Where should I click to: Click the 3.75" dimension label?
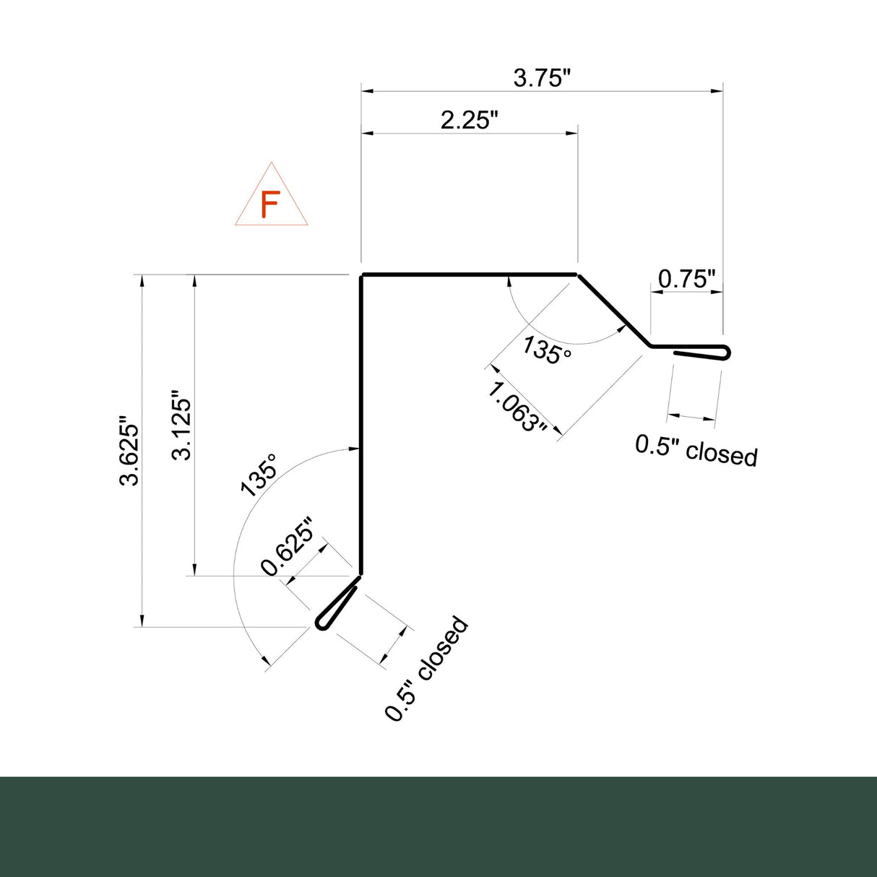[x=542, y=77]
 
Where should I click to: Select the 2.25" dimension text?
[x=470, y=119]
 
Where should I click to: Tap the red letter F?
[x=270, y=205]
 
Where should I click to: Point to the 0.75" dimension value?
[x=686, y=278]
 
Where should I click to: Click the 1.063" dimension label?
[x=517, y=407]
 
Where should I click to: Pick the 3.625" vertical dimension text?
[x=131, y=451]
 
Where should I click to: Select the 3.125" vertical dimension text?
[x=181, y=426]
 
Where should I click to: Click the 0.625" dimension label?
[x=288, y=547]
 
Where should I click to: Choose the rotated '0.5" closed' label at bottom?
[x=426, y=668]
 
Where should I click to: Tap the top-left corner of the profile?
[x=362, y=275]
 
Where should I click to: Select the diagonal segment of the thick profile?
[x=613, y=310]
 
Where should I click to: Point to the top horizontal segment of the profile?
[x=470, y=275]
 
